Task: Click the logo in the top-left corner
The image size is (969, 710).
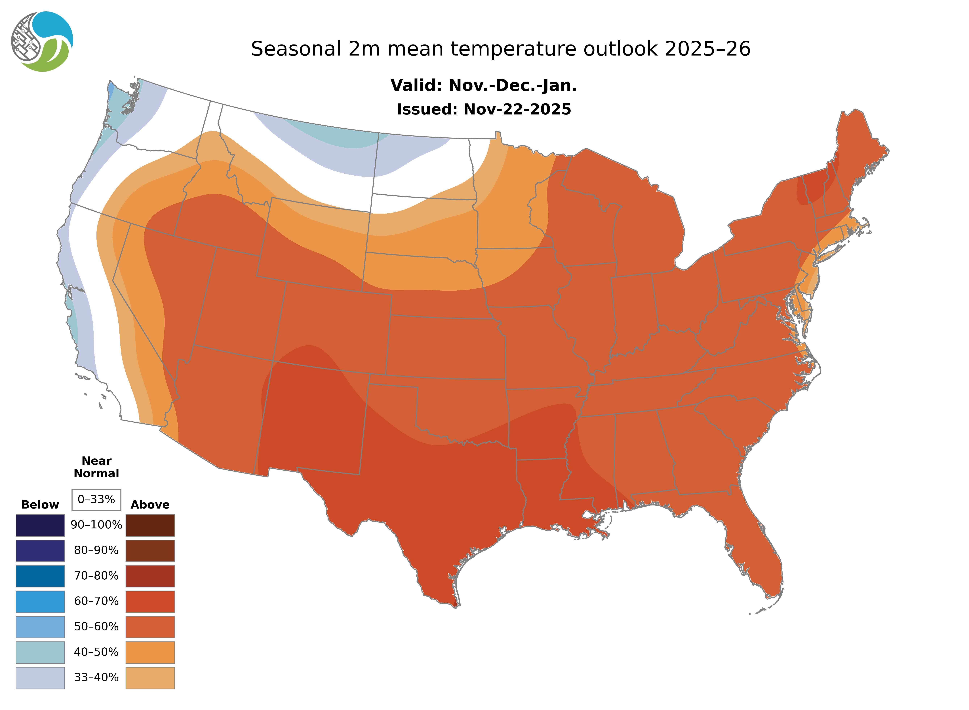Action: (x=42, y=42)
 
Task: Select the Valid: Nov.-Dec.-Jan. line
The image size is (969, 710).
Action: (x=483, y=86)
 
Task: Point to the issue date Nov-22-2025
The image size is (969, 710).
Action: (x=517, y=109)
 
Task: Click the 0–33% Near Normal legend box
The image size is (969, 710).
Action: (x=96, y=499)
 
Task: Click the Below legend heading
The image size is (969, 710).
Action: (x=40, y=505)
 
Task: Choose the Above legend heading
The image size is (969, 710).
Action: (x=150, y=505)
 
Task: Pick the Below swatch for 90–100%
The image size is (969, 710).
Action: (x=40, y=525)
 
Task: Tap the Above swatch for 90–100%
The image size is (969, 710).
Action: (x=150, y=525)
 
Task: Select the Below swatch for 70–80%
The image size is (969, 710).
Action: (x=40, y=576)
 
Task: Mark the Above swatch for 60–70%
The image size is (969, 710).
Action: (x=150, y=601)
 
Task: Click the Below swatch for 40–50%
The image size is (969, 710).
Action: (x=40, y=652)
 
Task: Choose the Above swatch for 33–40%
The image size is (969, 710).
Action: (x=150, y=677)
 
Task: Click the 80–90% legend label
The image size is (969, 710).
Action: (x=96, y=550)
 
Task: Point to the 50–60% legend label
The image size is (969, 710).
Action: (x=96, y=627)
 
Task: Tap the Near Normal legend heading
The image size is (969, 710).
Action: (x=96, y=467)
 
